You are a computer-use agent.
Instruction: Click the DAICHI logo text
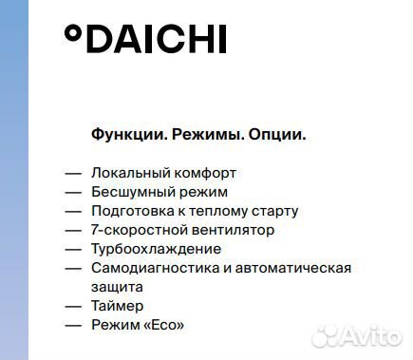tap(157, 39)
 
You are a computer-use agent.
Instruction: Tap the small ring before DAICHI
tap(72, 33)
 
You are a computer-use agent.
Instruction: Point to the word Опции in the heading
tap(276, 135)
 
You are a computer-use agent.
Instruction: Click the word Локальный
tap(131, 173)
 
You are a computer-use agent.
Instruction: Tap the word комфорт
tap(205, 173)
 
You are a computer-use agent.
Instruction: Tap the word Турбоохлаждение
tap(157, 249)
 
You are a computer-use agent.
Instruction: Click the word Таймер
tap(118, 306)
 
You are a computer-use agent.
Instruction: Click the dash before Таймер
tap(73, 306)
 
